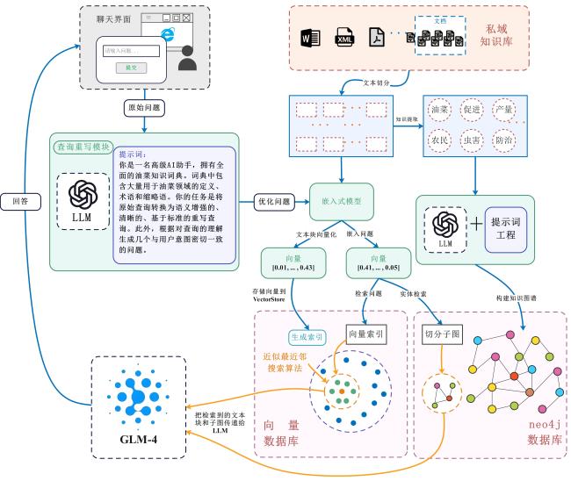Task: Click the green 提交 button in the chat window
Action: (x=130, y=67)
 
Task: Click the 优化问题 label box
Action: (x=272, y=200)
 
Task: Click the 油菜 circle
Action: (x=440, y=111)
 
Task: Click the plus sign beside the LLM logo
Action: (x=476, y=225)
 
